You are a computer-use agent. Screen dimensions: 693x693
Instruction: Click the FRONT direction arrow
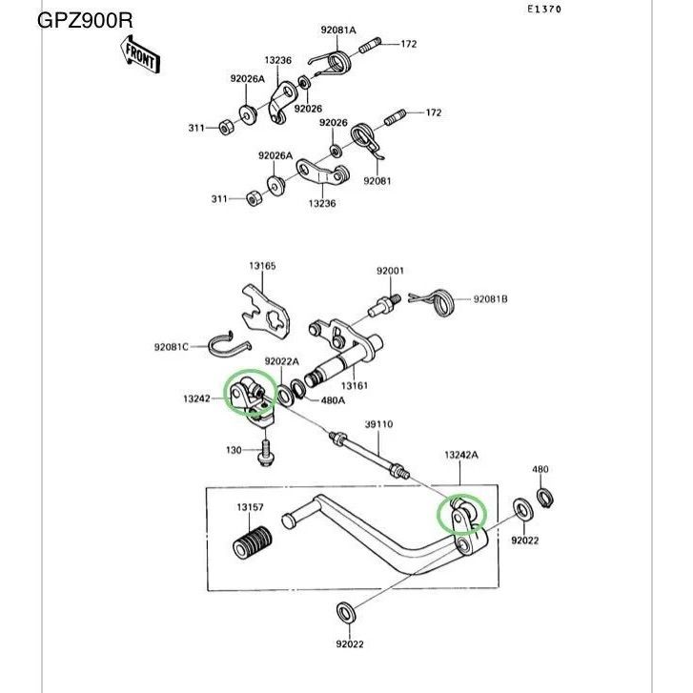point(140,57)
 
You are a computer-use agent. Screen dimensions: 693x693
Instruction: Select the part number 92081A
point(337,31)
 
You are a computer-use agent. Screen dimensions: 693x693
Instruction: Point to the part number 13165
point(263,266)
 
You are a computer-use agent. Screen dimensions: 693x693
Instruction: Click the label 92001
point(390,271)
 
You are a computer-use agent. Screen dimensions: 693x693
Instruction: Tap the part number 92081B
point(491,299)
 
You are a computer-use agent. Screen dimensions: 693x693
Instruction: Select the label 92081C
point(173,345)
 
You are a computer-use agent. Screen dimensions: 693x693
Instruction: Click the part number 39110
point(378,424)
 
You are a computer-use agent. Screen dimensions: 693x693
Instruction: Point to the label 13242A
point(461,456)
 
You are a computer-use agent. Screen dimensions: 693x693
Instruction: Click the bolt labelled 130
point(265,454)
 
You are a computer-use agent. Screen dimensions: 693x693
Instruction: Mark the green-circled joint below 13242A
point(461,514)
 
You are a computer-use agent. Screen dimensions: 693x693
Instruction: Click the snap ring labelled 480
point(547,498)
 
